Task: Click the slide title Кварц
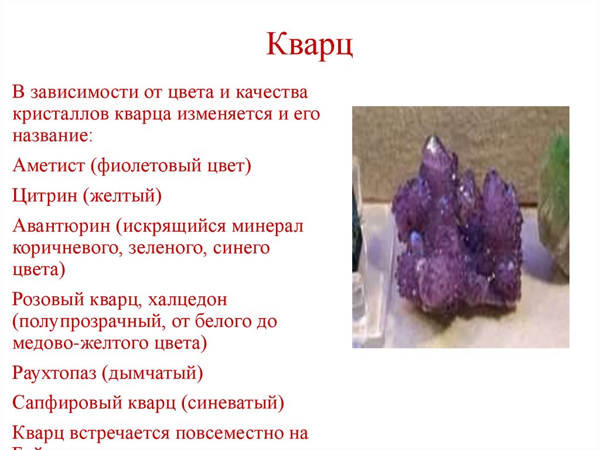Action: [x=309, y=46]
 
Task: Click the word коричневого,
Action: [x=64, y=249]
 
